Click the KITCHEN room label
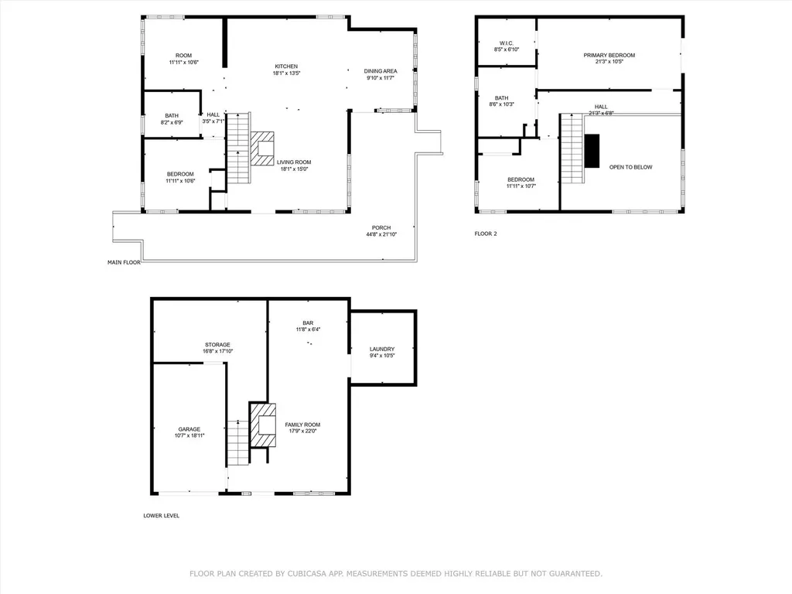tap(286, 67)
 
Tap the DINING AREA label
tap(381, 71)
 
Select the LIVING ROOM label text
tap(294, 162)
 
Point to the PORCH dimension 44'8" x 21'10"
tap(381, 234)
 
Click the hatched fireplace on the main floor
tap(263, 148)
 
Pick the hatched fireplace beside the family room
tap(263, 425)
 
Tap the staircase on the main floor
tap(238, 148)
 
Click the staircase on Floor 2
tap(572, 148)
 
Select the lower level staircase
tap(238, 442)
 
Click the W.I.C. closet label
tap(506, 43)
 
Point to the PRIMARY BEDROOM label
tap(609, 55)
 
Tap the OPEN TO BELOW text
tap(631, 167)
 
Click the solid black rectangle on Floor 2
tap(592, 151)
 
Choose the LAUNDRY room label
tap(382, 349)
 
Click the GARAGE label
tap(189, 429)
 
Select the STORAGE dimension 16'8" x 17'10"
tap(217, 351)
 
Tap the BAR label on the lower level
tap(308, 323)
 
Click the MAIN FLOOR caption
tap(124, 263)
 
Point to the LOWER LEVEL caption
tap(161, 516)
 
